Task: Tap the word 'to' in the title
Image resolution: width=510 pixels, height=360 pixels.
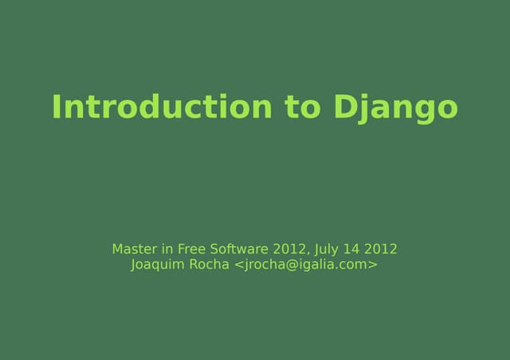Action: coord(301,107)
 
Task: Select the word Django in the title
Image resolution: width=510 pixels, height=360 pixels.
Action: coord(394,108)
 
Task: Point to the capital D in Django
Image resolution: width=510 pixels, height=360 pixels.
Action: coord(343,107)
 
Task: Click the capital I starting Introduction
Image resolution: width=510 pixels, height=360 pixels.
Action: coord(57,107)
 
